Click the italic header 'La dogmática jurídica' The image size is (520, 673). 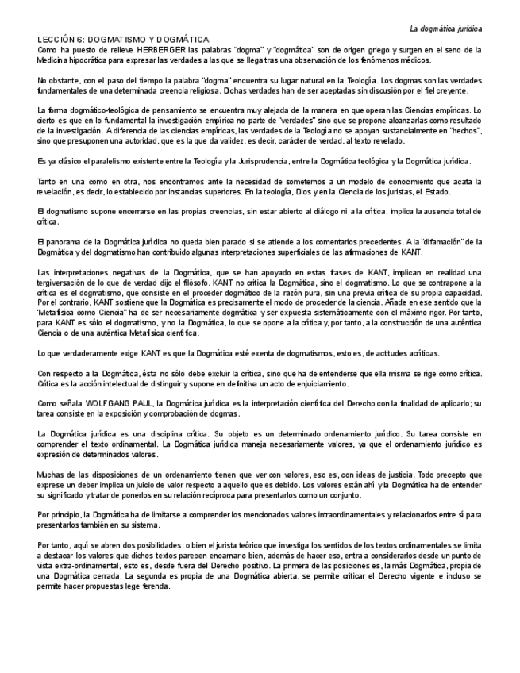[445, 28]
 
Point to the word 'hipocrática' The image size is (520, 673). [86, 60]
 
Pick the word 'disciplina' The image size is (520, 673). [158, 434]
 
